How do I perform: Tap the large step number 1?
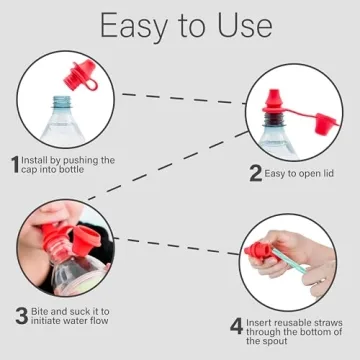[14, 164]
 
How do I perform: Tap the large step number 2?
[255, 172]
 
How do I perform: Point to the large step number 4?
[236, 326]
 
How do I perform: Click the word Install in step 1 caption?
[37, 160]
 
